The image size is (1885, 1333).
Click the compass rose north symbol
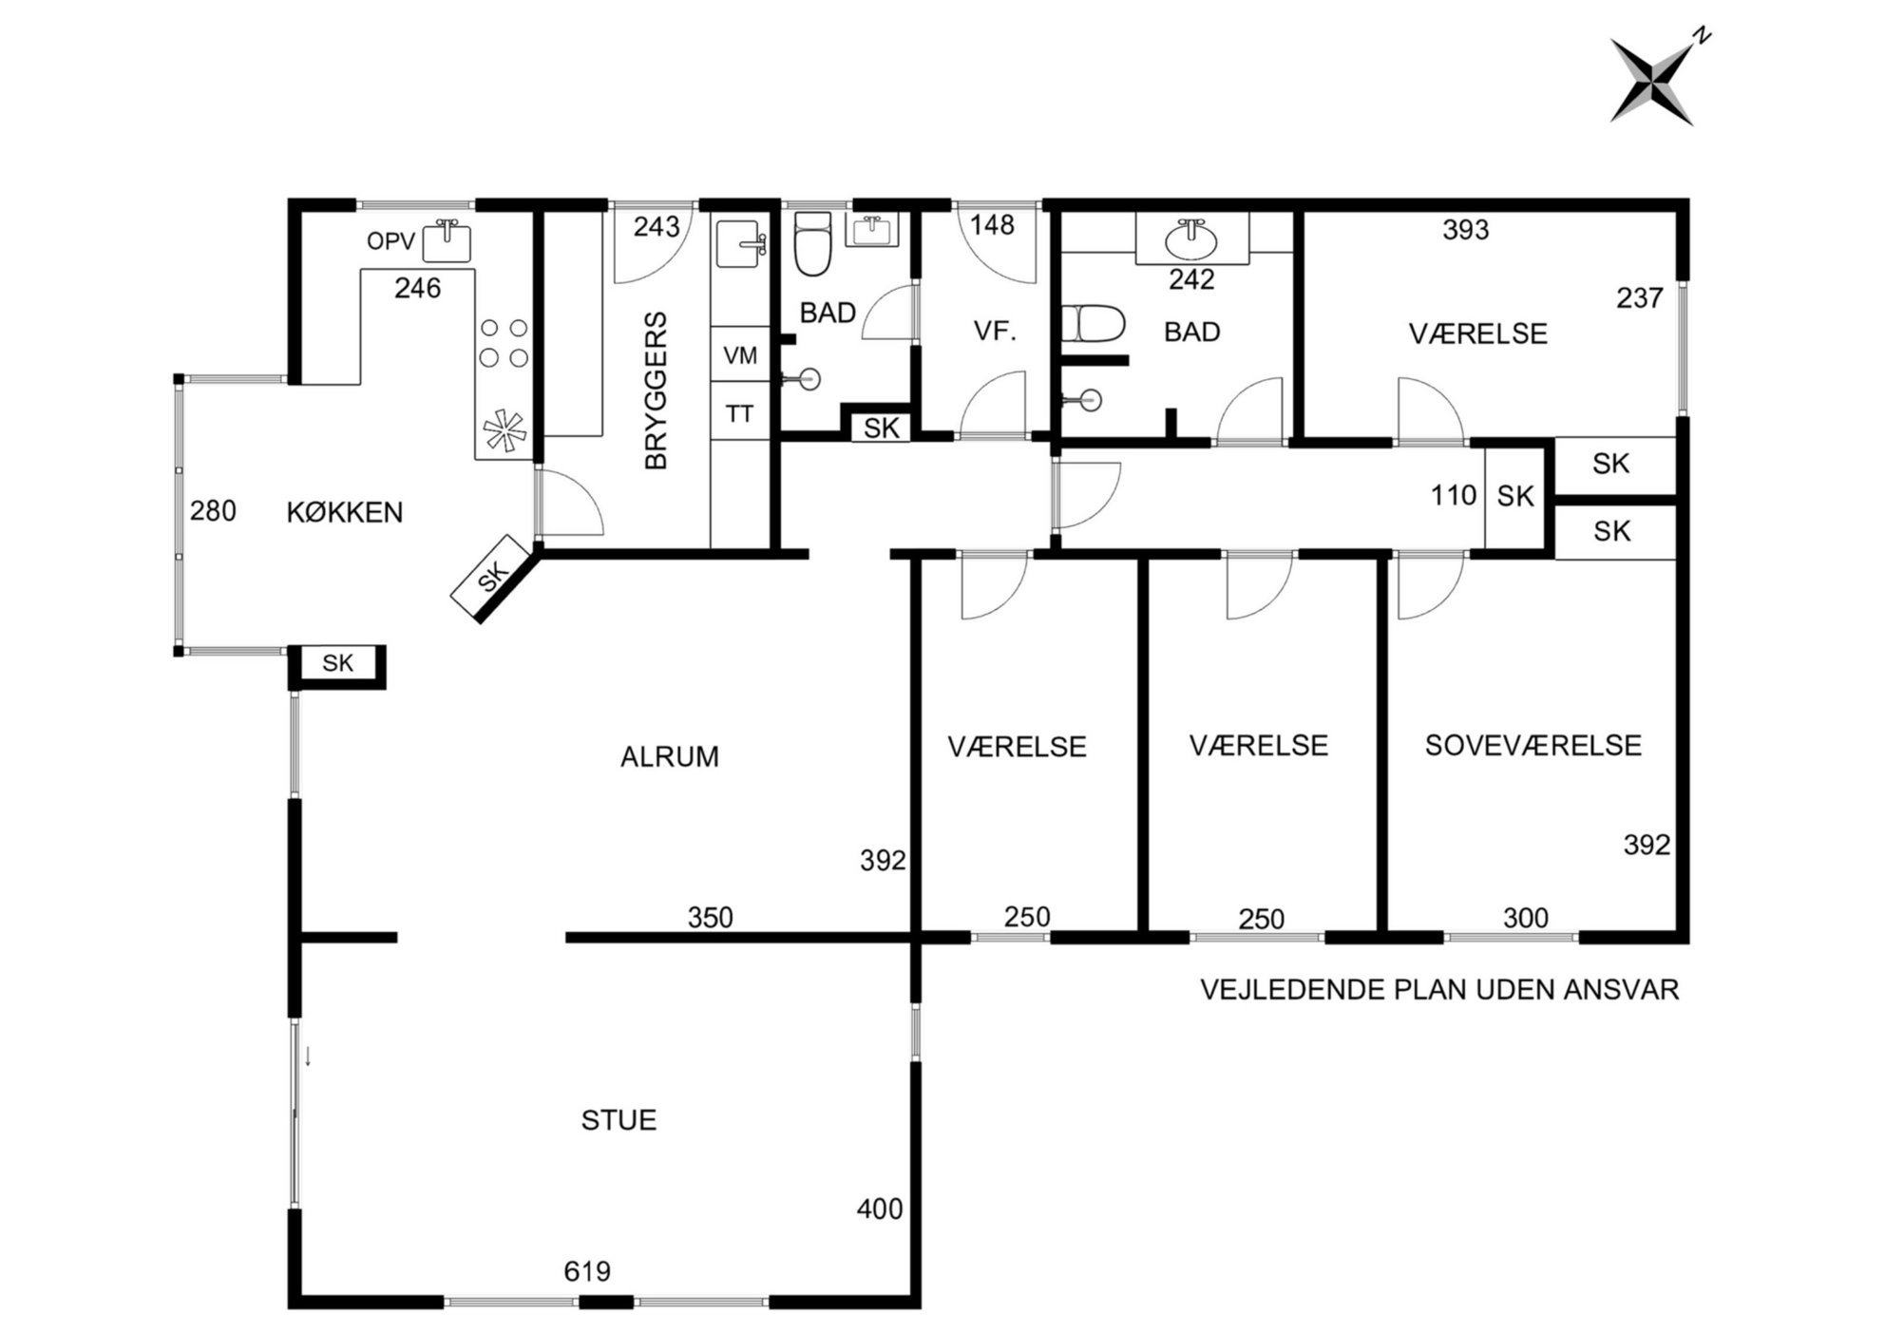pyautogui.click(x=1652, y=81)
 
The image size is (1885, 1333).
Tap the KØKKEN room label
pyautogui.click(x=345, y=512)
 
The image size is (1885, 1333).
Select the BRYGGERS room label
pyautogui.click(x=657, y=390)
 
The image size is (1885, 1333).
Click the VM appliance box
pyautogui.click(x=740, y=355)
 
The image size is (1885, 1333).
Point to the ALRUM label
pyautogui.click(x=669, y=757)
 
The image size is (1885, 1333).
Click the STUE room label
pyautogui.click(x=619, y=1120)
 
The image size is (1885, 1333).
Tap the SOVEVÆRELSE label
pyautogui.click(x=1533, y=746)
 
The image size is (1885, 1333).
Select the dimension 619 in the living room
pyautogui.click(x=587, y=1271)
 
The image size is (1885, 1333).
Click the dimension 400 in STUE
pyautogui.click(x=880, y=1209)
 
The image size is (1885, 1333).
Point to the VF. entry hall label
pyautogui.click(x=995, y=332)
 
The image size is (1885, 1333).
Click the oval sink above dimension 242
pyautogui.click(x=1191, y=238)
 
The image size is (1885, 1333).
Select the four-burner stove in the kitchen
pyautogui.click(x=505, y=343)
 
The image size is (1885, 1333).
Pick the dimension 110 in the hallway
pyautogui.click(x=1454, y=495)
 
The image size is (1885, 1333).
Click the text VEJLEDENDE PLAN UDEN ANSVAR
pyautogui.click(x=1439, y=990)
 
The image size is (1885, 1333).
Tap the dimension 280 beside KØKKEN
pyautogui.click(x=213, y=511)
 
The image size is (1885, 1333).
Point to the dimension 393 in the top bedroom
pyautogui.click(x=1465, y=230)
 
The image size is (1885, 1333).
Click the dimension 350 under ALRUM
pyautogui.click(x=711, y=918)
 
